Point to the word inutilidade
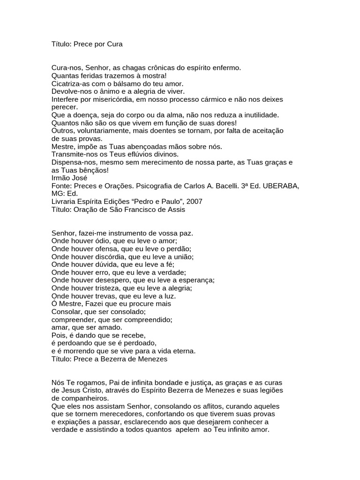[x=257, y=115]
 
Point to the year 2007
[x=195, y=202]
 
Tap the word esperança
[x=195, y=280]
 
